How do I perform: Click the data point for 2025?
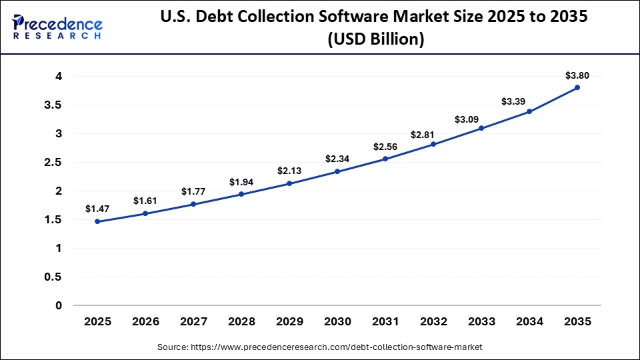point(97,221)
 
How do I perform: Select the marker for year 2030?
point(337,171)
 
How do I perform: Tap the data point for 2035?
point(577,87)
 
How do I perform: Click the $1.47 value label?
point(97,209)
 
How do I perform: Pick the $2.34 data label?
point(337,159)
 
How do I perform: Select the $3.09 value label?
point(481,119)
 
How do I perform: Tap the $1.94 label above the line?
point(241,182)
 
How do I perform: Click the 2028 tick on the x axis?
point(241,321)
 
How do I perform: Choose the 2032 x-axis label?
point(433,321)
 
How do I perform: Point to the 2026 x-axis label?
point(145,321)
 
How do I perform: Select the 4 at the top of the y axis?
point(59,77)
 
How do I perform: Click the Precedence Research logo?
point(57,27)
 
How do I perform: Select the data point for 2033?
point(481,128)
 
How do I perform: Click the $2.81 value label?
point(433,135)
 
